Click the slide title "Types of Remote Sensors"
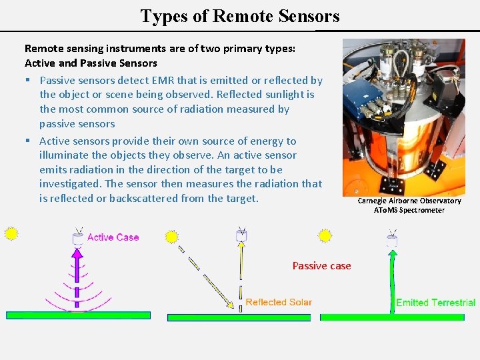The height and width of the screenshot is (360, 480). [x=239, y=16]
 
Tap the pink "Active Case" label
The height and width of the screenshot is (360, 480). [x=113, y=237]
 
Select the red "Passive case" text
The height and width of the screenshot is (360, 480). [x=321, y=266]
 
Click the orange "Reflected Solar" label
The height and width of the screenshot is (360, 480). [x=278, y=302]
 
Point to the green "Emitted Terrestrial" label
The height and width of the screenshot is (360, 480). [x=435, y=303]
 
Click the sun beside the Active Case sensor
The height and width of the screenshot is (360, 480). [x=11, y=234]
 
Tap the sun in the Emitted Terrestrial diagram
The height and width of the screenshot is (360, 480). [x=325, y=236]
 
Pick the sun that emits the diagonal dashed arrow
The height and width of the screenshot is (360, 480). [x=171, y=237]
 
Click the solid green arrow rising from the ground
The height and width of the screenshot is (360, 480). [x=391, y=280]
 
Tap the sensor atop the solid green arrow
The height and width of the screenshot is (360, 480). [x=391, y=239]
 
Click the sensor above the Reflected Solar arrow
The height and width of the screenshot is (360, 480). [x=241, y=235]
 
